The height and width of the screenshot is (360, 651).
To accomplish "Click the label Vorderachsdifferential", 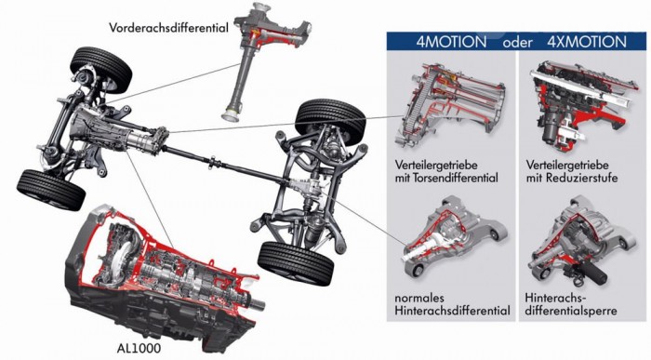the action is [x=168, y=28].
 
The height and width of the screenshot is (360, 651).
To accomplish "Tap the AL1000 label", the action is [x=139, y=348].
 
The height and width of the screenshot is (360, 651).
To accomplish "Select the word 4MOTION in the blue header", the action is [x=451, y=42].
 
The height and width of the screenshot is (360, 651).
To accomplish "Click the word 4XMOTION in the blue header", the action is [x=586, y=42].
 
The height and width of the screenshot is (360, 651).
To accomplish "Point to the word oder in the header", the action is [x=517, y=43].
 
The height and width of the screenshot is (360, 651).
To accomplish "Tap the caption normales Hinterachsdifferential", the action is [x=452, y=304].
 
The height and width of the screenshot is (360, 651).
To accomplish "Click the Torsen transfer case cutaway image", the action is [x=450, y=106].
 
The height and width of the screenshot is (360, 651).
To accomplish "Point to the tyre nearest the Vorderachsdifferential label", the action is [x=101, y=69].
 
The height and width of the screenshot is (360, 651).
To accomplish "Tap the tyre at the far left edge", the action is [x=50, y=190].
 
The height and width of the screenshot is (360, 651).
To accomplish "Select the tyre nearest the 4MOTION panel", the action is [x=330, y=120].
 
